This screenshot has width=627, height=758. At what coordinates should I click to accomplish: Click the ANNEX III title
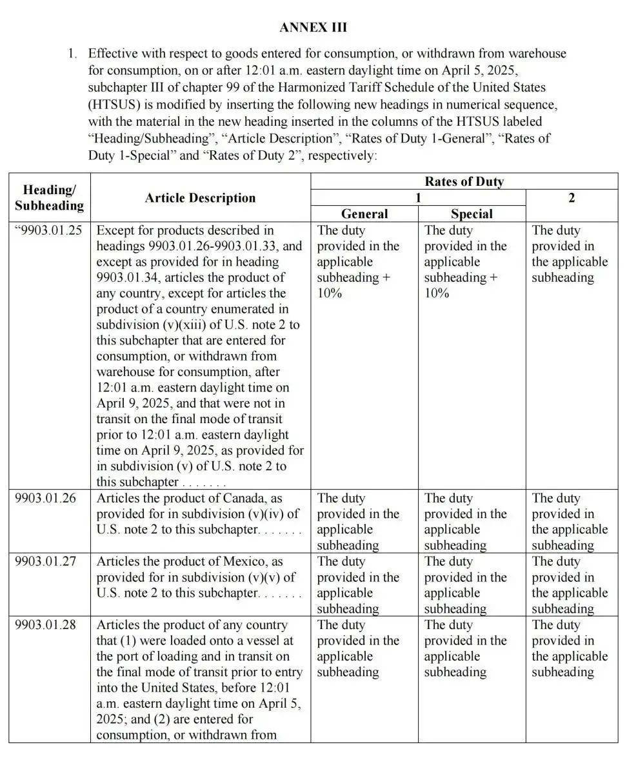click(x=313, y=27)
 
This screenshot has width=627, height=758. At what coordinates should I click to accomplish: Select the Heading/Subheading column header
click(x=49, y=197)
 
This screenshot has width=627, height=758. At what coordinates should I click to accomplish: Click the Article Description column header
click(x=200, y=198)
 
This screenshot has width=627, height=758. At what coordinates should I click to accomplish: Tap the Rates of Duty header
click(x=464, y=181)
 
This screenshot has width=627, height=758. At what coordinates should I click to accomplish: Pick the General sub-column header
click(x=364, y=214)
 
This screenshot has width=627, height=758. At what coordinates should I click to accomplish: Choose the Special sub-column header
click(x=472, y=214)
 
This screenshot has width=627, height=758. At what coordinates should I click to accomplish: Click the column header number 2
click(x=572, y=198)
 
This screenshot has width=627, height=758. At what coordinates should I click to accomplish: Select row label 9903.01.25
click(x=49, y=230)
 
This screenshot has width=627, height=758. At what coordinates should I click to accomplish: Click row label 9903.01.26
click(x=45, y=499)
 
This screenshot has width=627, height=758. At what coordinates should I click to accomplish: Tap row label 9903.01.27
click(x=45, y=562)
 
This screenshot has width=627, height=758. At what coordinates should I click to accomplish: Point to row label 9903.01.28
click(x=45, y=625)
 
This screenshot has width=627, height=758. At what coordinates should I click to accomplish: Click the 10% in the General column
click(x=329, y=294)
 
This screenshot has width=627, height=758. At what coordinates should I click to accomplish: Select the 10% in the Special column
click(x=436, y=294)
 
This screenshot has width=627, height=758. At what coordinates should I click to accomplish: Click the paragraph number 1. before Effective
click(x=73, y=54)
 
